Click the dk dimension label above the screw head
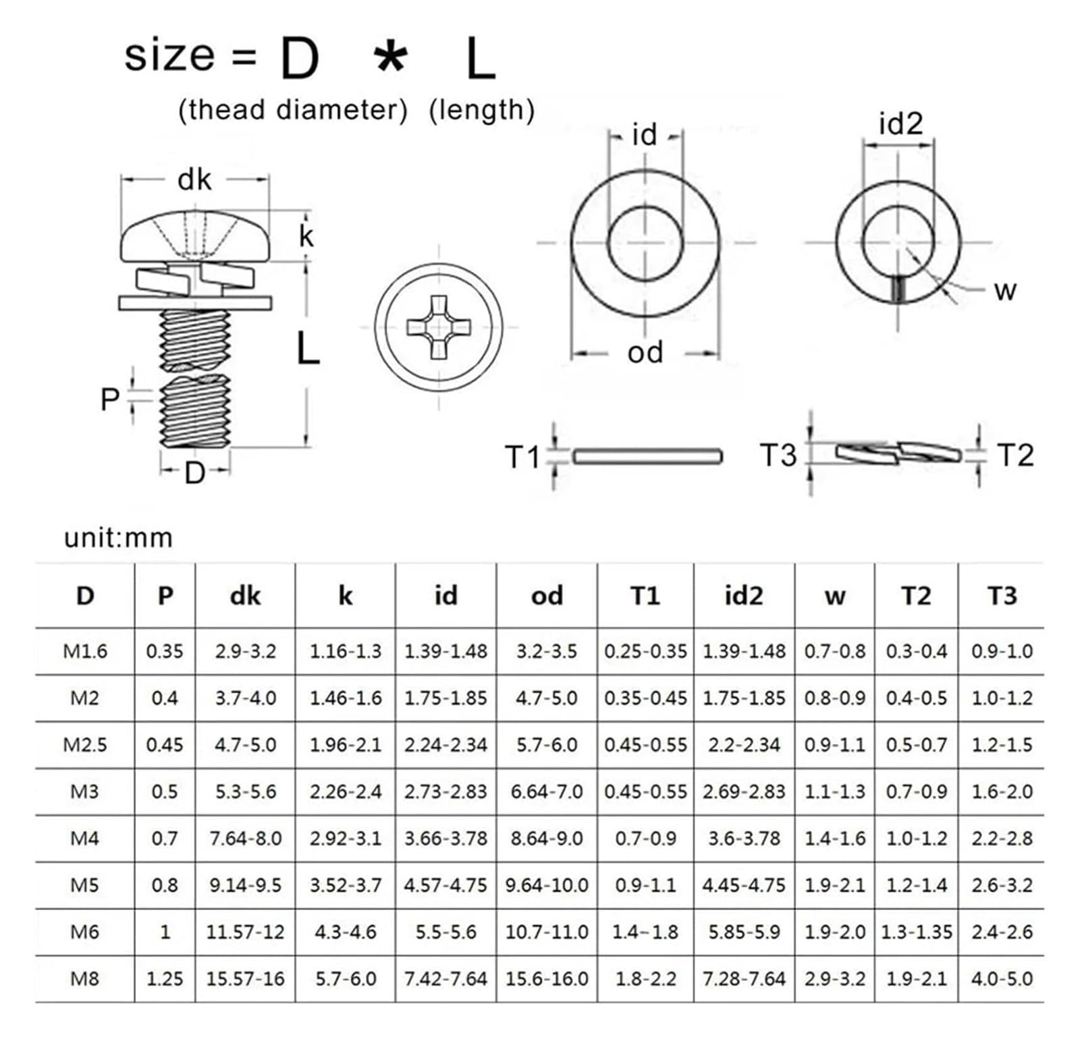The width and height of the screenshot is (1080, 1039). [x=194, y=180]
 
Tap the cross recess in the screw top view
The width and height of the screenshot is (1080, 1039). [x=439, y=327]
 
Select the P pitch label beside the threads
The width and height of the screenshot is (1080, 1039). [x=109, y=399]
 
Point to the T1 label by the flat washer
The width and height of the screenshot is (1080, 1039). [x=522, y=457]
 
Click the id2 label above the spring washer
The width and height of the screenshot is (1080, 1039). [x=900, y=124]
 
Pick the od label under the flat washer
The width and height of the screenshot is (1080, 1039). [x=645, y=352]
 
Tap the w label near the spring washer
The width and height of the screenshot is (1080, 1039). [x=1005, y=291]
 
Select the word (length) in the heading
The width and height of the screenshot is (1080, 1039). [x=481, y=110]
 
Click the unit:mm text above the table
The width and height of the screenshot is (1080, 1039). [x=119, y=538]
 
